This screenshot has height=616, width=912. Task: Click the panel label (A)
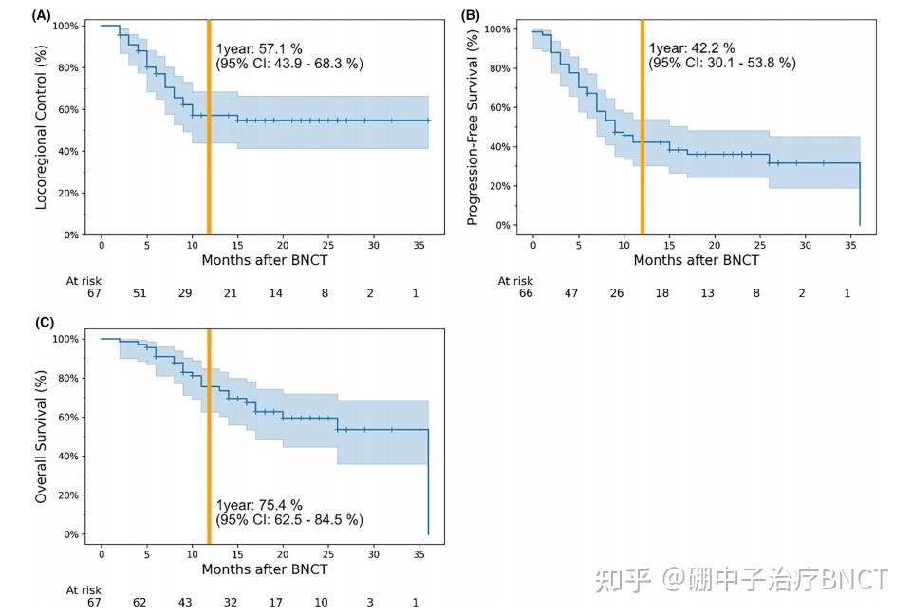click(41, 14)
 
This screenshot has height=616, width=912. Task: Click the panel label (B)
click(471, 14)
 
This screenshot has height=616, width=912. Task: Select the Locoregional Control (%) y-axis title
click(43, 129)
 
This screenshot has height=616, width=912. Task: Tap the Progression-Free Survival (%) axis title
click(472, 126)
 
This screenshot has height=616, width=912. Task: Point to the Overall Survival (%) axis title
click(43, 436)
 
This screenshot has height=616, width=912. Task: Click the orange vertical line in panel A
click(209, 133)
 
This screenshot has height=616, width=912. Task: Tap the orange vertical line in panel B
click(642, 133)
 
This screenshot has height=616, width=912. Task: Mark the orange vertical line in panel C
click(209, 437)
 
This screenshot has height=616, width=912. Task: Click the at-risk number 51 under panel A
click(140, 294)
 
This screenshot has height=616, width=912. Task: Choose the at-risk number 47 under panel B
click(571, 294)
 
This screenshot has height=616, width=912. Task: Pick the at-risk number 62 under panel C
click(140, 602)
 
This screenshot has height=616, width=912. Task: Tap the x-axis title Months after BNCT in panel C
click(265, 569)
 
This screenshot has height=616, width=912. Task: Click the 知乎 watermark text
click(623, 579)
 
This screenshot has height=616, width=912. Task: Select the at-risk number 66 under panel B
click(526, 294)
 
